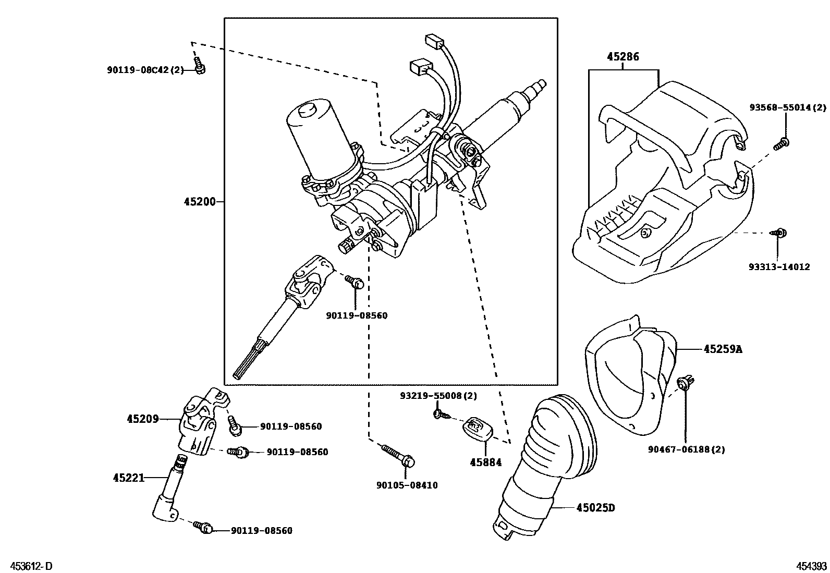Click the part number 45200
point(199,202)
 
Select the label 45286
point(622,57)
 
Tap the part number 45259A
point(722,349)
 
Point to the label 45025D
point(595,507)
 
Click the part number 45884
point(485,462)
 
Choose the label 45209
point(142,418)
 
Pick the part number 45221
point(128,477)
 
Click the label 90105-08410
point(407,485)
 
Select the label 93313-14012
point(779,267)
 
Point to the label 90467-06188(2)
point(686,449)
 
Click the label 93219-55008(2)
point(438,396)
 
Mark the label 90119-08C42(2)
point(145,69)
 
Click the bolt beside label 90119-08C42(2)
point(199,67)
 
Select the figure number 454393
point(811,566)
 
